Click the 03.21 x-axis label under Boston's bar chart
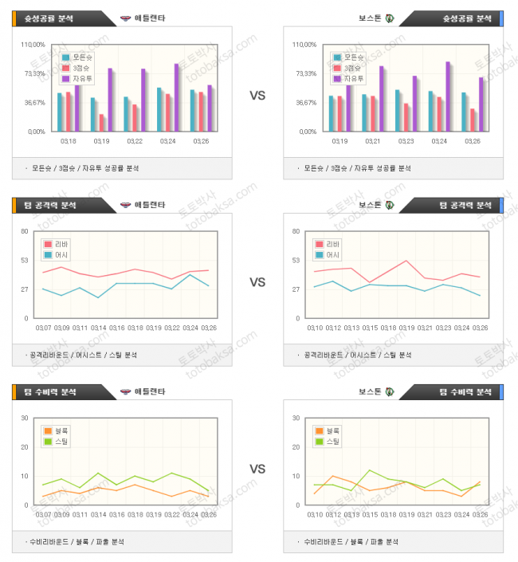pyautogui.click(x=373, y=141)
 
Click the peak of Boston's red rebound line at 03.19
pyautogui.click(x=406, y=261)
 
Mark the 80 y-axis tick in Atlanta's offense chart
pyautogui.click(x=24, y=232)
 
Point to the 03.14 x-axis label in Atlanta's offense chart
pyautogui.click(x=98, y=328)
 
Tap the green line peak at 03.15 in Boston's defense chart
pyautogui.click(x=370, y=470)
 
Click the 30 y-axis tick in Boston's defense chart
pyautogui.click(x=296, y=419)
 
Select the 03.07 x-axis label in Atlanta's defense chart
pyautogui.click(x=44, y=514)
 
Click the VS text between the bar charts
pyautogui.click(x=257, y=95)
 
